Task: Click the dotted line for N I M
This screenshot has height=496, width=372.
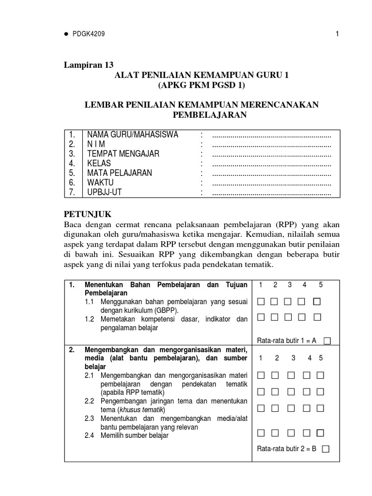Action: (272, 144)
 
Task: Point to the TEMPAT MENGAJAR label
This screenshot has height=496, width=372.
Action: (123, 154)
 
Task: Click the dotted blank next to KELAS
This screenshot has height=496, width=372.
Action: (272, 164)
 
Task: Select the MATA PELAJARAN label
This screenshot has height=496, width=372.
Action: (120, 173)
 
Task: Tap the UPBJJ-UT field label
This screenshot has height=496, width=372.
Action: (106, 193)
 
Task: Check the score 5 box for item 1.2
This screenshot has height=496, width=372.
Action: (318, 318)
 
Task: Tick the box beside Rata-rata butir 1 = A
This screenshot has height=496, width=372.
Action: (327, 341)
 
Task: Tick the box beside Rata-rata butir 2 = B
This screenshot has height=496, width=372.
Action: (325, 449)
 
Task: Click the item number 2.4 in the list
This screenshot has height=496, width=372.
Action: (90, 435)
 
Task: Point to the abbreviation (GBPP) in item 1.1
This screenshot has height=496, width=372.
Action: (167, 310)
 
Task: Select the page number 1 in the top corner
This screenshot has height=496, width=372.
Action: (336, 34)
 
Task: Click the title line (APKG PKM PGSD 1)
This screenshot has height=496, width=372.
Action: (201, 86)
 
